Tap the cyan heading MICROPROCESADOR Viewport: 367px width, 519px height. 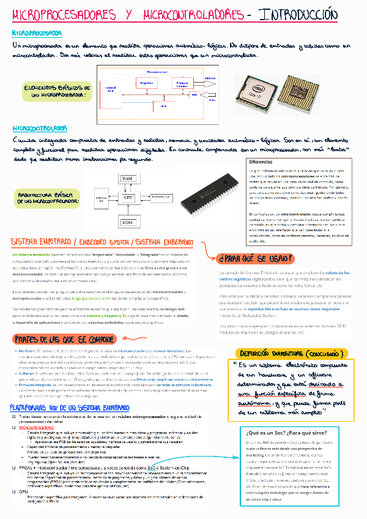click(37, 32)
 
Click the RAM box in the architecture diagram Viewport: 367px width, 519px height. click(128, 178)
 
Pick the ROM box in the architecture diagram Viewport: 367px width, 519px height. click(128, 222)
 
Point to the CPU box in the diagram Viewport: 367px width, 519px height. click(128, 198)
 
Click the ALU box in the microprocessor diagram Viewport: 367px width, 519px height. click(163, 106)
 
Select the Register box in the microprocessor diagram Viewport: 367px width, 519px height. click(146, 83)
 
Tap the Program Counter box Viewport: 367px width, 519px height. click(182, 84)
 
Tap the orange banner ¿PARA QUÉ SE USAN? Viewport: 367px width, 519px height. click(256, 257)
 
